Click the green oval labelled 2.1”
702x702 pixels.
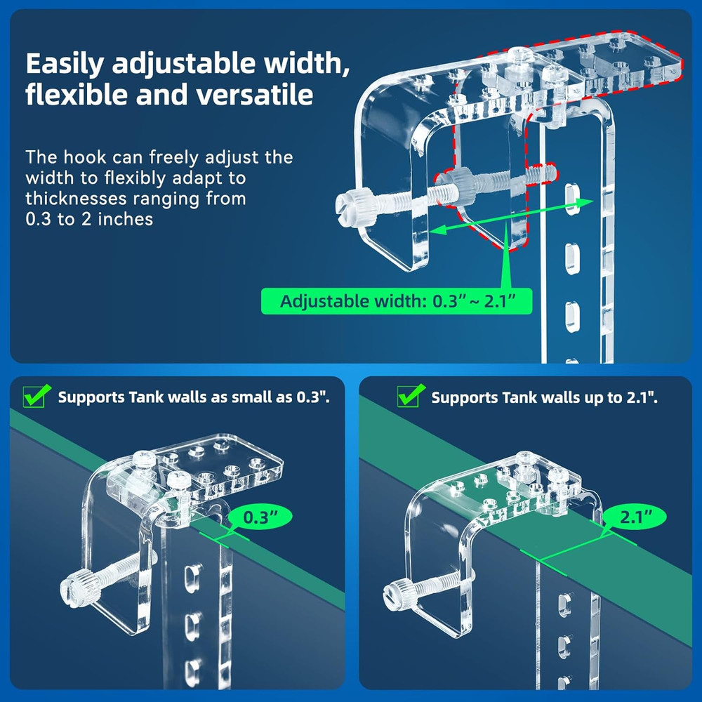click(633, 518)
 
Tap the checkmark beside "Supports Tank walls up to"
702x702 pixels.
click(410, 396)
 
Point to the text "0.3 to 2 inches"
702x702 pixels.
click(89, 219)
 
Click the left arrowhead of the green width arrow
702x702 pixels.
click(435, 230)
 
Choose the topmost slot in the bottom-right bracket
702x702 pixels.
click(563, 605)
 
